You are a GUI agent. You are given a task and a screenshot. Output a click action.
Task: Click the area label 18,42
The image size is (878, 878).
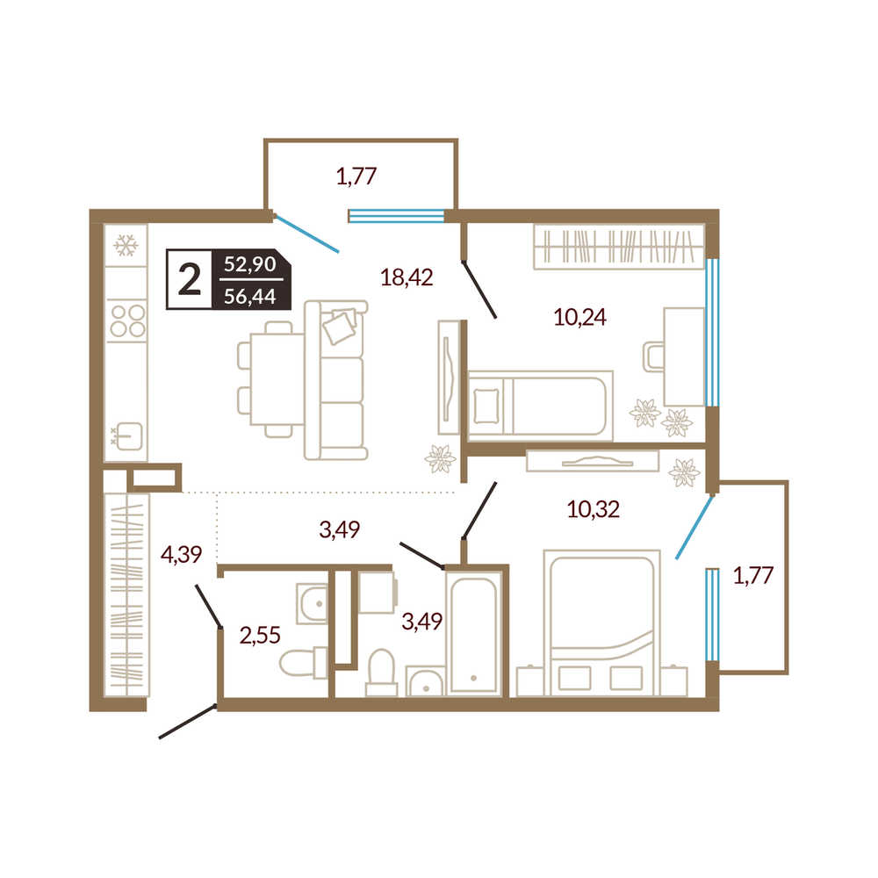pyautogui.click(x=407, y=277)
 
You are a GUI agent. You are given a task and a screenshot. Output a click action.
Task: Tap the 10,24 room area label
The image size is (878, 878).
pyautogui.click(x=579, y=318)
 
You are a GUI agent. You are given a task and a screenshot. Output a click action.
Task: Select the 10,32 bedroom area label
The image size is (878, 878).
pyautogui.click(x=593, y=509)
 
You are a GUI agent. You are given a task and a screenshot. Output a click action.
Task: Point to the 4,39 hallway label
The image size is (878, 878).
pyautogui.click(x=181, y=554)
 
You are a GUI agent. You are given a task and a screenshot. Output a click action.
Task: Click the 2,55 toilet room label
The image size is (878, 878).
pyautogui.click(x=260, y=636)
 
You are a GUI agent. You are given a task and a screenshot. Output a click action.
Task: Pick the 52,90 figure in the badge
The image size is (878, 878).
pyautogui.click(x=249, y=263)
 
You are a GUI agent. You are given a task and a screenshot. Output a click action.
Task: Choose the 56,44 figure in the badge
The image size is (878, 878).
pyautogui.click(x=249, y=296)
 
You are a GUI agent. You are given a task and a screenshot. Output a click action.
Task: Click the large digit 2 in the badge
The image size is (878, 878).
pyautogui.click(x=190, y=280)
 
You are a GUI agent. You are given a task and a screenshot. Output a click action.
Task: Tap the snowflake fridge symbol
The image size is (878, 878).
pyautogui.click(x=126, y=245)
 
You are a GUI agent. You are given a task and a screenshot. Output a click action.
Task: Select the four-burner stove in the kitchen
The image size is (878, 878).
pyautogui.click(x=127, y=320)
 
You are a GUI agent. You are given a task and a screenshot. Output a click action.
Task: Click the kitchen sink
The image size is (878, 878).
pyautogui.click(x=128, y=436)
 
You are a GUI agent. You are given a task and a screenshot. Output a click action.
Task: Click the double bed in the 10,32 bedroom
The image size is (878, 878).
pyautogui.click(x=602, y=623)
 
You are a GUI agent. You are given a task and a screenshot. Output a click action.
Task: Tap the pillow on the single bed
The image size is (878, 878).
pyautogui.click(x=486, y=407)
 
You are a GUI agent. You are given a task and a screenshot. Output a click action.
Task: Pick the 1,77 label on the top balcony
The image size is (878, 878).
pyautogui.click(x=356, y=176)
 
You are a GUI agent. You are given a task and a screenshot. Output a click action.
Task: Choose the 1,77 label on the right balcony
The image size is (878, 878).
pyautogui.click(x=753, y=576)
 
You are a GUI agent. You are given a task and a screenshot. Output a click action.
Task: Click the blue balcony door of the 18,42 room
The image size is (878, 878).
pyautogui.click(x=306, y=234)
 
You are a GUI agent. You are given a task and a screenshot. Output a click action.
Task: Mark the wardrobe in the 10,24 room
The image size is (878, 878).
pyautogui.click(x=619, y=247)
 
